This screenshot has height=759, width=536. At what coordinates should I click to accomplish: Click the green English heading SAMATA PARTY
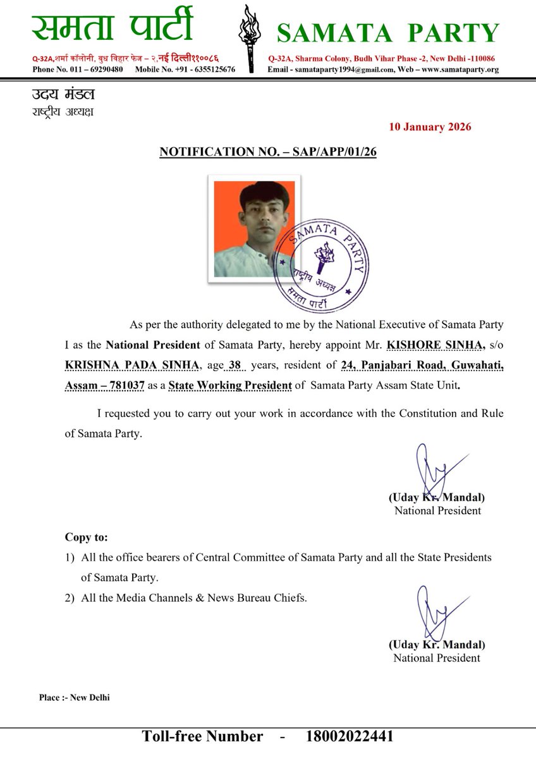click(x=388, y=33)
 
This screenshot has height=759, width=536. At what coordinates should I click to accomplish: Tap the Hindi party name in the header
click(x=112, y=28)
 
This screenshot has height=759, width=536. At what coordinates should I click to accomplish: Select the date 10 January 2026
click(x=430, y=126)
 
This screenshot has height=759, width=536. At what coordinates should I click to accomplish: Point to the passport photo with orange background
click(x=254, y=228)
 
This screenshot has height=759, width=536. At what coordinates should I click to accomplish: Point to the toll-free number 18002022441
click(x=350, y=736)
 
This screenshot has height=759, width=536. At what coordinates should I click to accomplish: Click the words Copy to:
click(x=87, y=538)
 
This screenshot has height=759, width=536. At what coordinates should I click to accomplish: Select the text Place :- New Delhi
click(x=74, y=698)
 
